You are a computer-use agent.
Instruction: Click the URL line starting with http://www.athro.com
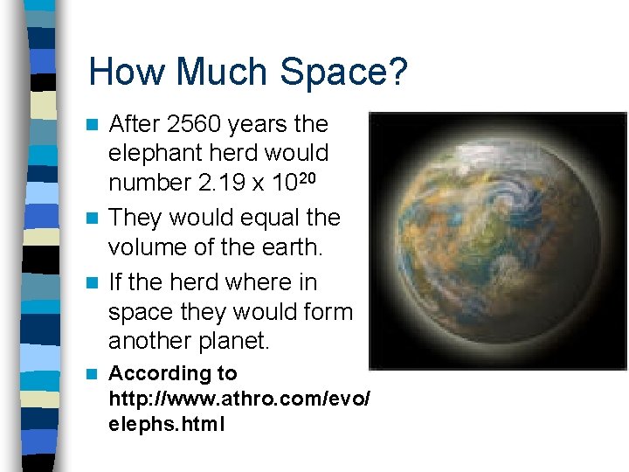pos(238,399)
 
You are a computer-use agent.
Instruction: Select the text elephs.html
pos(166,425)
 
